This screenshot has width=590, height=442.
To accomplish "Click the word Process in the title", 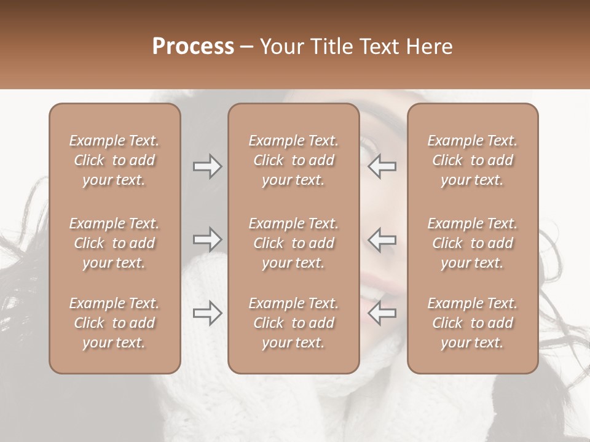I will point(193,46).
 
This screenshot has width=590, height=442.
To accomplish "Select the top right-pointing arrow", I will point(208,166).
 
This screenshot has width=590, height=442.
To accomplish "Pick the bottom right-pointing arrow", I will point(208,313).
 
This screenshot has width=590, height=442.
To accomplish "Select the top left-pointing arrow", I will point(382,166).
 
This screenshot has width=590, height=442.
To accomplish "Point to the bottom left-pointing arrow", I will point(382,313).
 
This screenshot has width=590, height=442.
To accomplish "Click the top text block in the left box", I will point(114,160).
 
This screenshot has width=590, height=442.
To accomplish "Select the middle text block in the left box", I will point(114,243).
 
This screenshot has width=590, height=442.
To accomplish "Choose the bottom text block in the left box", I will point(114,323).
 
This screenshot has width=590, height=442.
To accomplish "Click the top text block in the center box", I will point(293,160).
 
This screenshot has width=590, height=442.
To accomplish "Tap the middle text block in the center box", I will point(293,243).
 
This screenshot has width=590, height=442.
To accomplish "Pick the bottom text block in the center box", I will point(293,323).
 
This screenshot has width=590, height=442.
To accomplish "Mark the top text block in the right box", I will point(472,160).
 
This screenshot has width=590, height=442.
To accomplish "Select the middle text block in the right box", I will point(472,243).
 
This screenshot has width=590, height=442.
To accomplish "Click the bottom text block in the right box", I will point(472,323).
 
